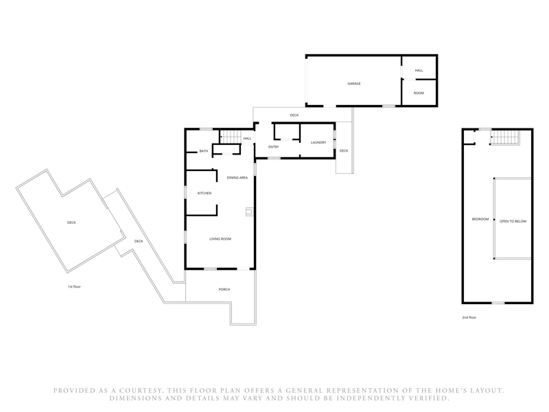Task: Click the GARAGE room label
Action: click(354, 84)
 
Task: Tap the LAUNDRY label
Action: click(318, 143)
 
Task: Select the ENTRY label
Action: click(273, 147)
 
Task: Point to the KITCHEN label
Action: click(205, 194)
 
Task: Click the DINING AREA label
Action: click(237, 178)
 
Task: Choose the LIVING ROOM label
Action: click(220, 239)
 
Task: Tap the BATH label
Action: click(204, 151)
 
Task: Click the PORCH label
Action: click(224, 290)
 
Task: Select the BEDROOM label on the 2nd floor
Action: click(480, 219)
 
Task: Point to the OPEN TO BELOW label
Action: click(513, 221)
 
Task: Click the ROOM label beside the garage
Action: click(419, 93)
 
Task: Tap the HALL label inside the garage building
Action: click(419, 71)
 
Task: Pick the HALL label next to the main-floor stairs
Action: click(248, 139)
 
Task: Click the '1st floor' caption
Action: click(74, 287)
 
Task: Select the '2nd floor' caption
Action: click(469, 318)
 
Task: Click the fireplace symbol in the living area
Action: click(249, 212)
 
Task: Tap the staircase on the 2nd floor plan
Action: click(505, 137)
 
